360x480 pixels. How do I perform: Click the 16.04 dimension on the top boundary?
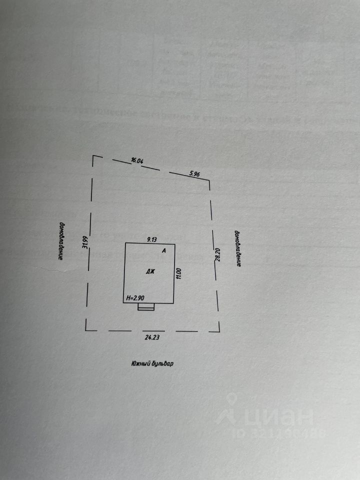tap(137, 160)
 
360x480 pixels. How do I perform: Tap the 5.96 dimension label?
tap(194, 174)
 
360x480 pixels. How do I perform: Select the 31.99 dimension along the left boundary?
tap(85, 242)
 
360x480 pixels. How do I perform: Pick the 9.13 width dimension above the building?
tap(152, 239)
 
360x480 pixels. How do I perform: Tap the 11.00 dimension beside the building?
tap(178, 273)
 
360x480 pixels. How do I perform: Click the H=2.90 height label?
tap(136, 298)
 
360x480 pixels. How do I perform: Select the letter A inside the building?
tap(164, 251)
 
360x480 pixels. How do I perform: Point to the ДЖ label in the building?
tap(150, 272)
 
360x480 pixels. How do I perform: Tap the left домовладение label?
tap(60, 241)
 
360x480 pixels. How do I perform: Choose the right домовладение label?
tap(238, 248)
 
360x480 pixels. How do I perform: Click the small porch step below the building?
tap(146, 306)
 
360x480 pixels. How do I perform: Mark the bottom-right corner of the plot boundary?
tap(219, 330)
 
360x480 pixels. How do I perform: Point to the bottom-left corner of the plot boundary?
tap(86, 330)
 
